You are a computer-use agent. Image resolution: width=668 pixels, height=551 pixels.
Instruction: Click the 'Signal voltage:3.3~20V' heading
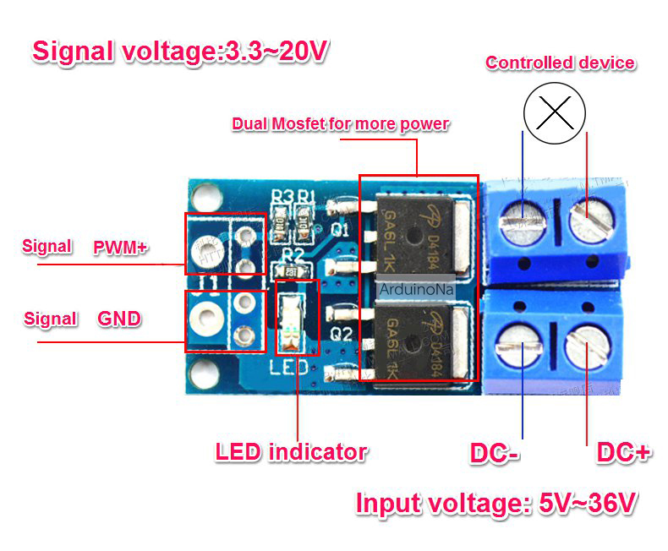coord(180,52)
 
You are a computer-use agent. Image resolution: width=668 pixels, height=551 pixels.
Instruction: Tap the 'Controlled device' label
coord(561,63)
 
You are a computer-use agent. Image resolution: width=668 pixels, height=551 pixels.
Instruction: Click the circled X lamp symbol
coord(555,113)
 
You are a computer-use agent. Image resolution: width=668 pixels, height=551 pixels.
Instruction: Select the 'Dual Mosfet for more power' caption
coord(341,124)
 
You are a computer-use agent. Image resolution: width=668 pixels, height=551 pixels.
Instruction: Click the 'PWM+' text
coord(121,248)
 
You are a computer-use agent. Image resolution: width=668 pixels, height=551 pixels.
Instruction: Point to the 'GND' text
coord(119,319)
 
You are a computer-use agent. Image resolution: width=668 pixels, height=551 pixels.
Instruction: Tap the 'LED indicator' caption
coord(292,452)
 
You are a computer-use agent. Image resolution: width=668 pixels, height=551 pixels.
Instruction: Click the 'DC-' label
coord(495,453)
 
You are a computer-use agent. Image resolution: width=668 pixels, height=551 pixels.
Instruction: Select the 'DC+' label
coord(623,452)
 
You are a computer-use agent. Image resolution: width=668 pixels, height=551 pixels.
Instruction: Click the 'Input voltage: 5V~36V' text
coord(496,504)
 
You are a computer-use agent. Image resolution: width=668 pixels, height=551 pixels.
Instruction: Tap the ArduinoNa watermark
coord(417,290)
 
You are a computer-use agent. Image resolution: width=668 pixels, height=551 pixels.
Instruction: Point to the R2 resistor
coord(291,271)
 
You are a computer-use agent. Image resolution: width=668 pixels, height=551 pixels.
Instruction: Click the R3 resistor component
coord(280,222)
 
